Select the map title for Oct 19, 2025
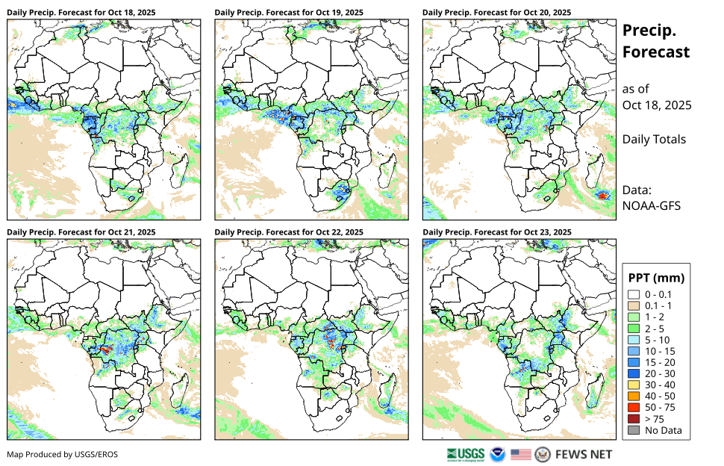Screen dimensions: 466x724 (289, 13)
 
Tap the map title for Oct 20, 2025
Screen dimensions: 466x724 (497, 13)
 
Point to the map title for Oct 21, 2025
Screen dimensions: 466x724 (81, 232)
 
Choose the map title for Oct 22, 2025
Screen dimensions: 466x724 (289, 232)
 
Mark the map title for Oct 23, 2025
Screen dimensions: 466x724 (497, 232)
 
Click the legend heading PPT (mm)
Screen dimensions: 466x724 (658, 278)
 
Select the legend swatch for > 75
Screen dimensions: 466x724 (634, 418)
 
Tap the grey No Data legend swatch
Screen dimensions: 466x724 (634, 430)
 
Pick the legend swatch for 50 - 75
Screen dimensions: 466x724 (634, 407)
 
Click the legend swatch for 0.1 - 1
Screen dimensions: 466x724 (634, 306)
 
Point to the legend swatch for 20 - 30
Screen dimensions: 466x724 (634, 373)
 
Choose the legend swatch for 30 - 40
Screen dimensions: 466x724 (634, 385)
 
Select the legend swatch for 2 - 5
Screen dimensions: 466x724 (634, 329)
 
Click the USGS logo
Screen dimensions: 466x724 (465, 453)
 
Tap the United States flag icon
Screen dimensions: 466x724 (521, 454)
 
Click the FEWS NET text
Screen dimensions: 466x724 (584, 454)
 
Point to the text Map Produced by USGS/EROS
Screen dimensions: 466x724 (63, 454)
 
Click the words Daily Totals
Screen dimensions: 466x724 (654, 139)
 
